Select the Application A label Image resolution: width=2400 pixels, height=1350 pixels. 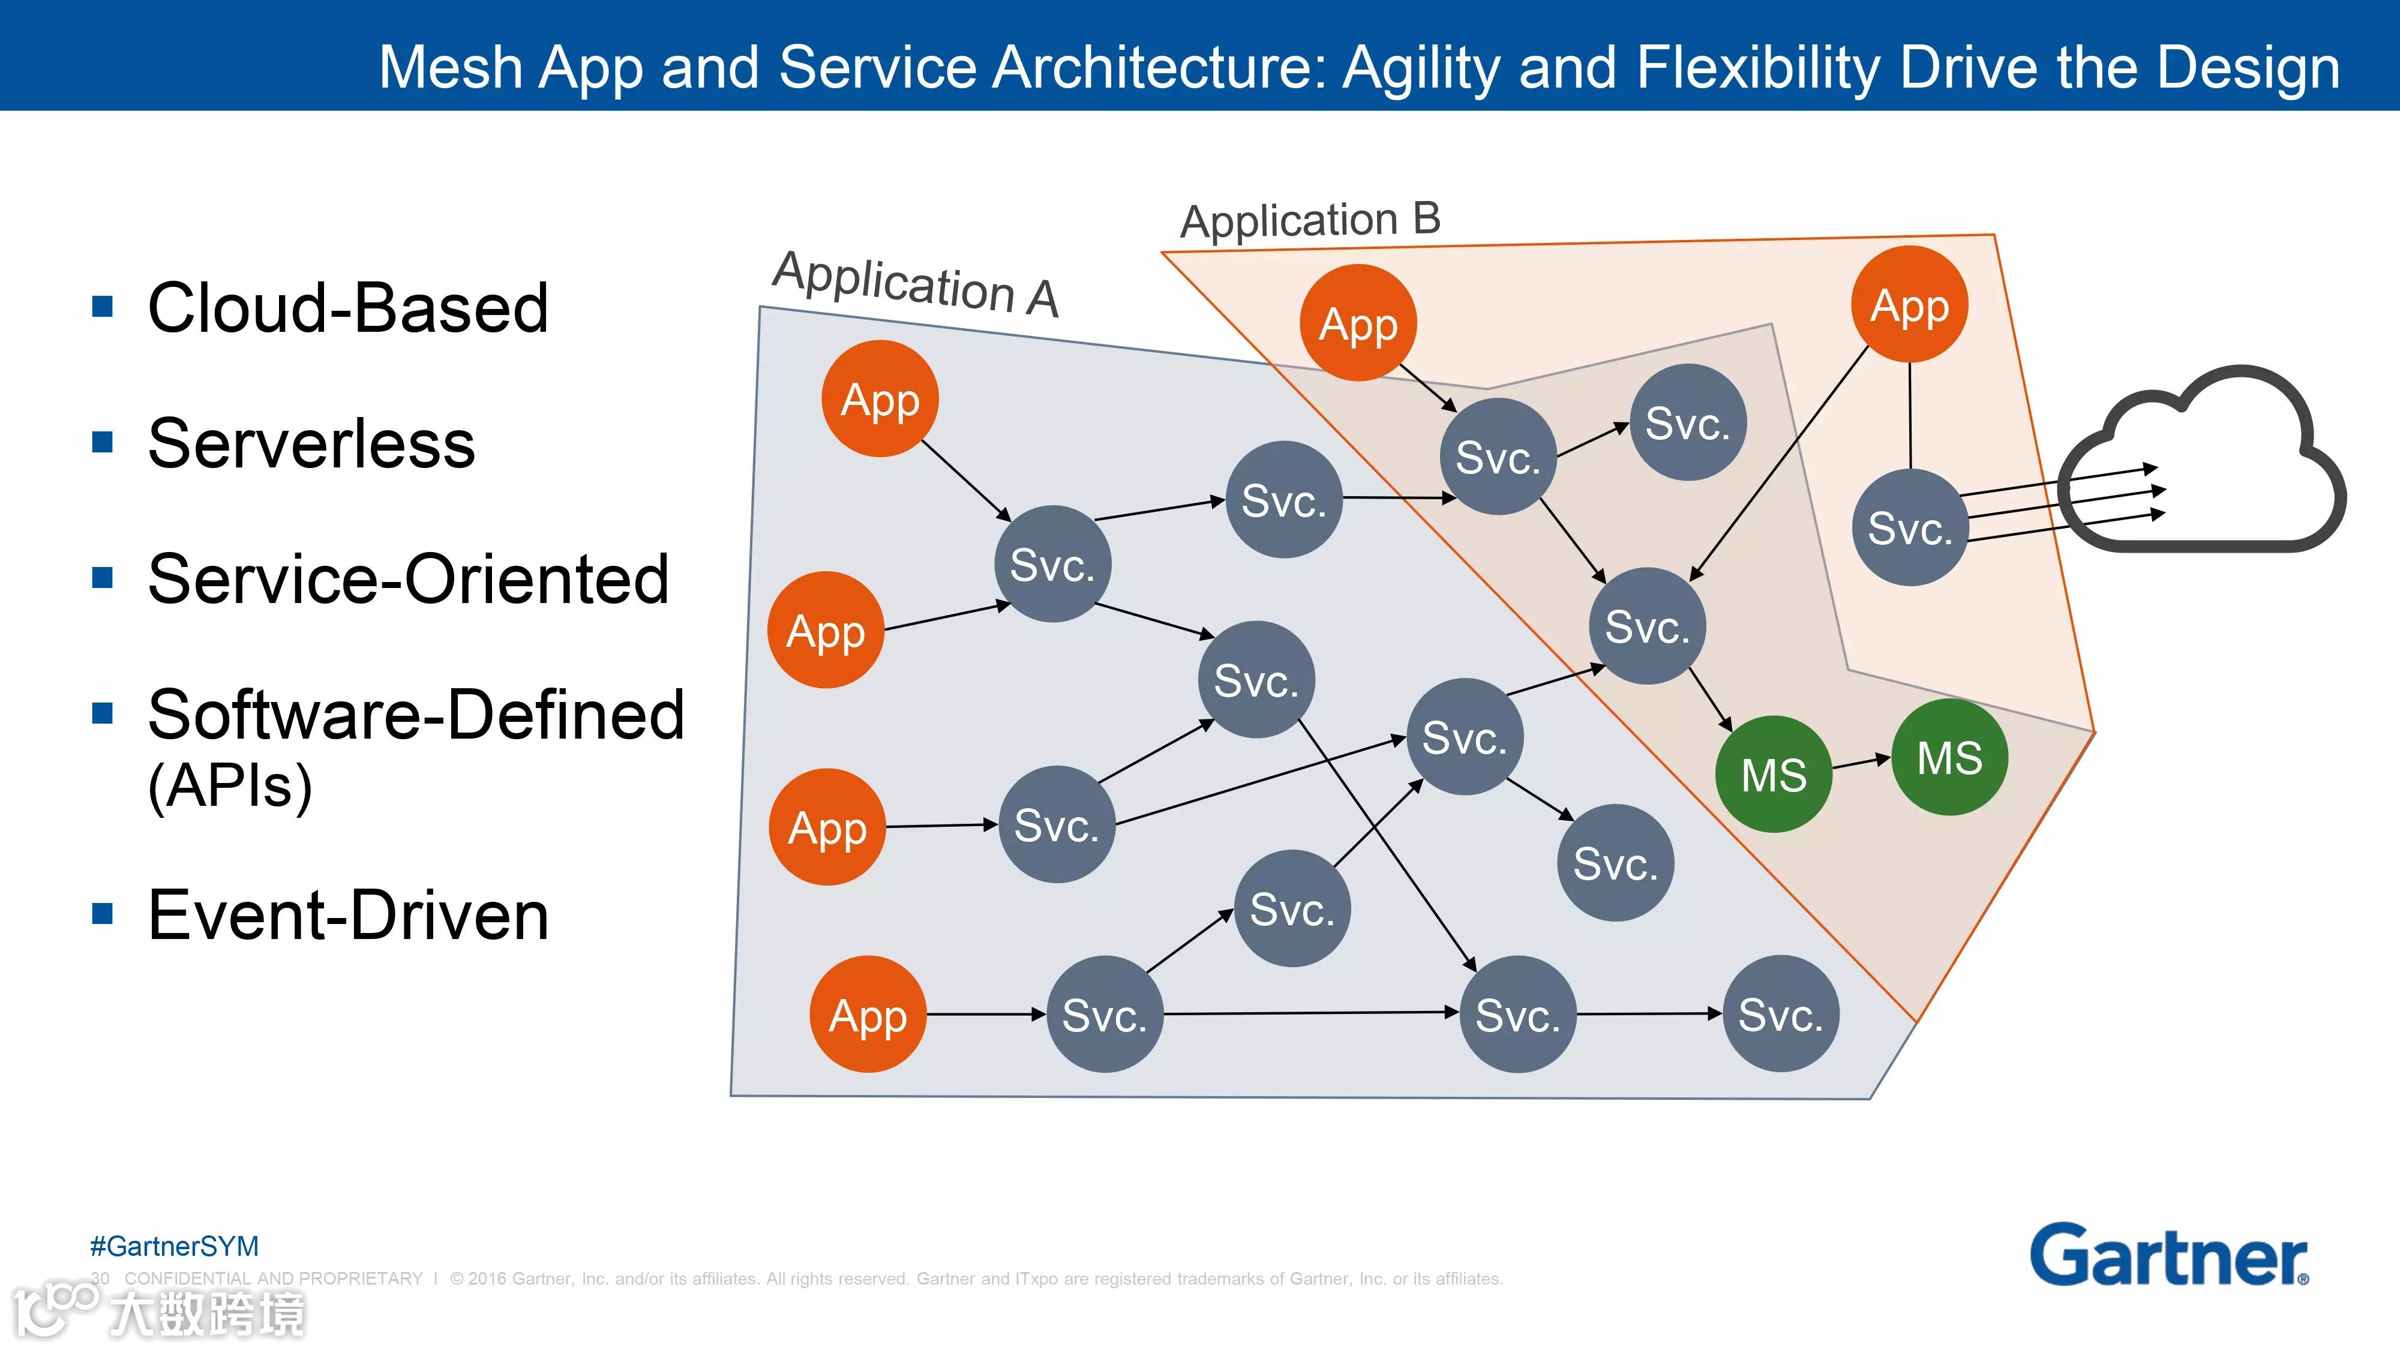coord(915,284)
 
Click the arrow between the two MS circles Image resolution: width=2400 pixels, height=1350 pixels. coord(1861,764)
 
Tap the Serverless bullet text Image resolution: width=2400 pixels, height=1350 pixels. coord(311,443)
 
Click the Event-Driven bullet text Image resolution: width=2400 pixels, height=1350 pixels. coord(349,915)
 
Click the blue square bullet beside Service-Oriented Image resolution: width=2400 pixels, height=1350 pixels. coord(103,578)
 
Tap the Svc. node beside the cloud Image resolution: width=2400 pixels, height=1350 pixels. coord(1910,528)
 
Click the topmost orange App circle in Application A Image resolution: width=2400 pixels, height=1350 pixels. coord(880,399)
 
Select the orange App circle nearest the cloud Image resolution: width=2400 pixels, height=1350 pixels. coord(1910,305)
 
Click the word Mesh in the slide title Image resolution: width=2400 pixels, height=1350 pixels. coord(450,67)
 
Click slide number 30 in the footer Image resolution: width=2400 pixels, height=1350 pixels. coord(100,1278)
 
